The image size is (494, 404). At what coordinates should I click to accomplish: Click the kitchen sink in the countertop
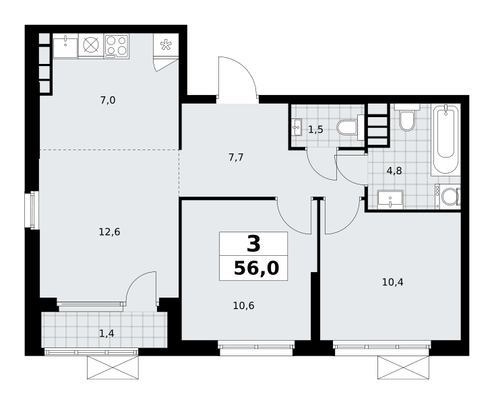click(x=65, y=46)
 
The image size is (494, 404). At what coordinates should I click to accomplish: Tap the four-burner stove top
click(x=116, y=46)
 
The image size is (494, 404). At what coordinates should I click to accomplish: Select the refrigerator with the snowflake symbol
click(x=166, y=44)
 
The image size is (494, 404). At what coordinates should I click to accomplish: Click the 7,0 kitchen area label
click(x=108, y=100)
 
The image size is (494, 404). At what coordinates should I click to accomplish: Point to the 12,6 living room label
click(x=109, y=232)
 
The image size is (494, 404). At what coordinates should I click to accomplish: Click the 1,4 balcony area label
click(x=106, y=333)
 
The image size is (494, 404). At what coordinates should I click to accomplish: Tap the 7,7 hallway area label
click(x=236, y=157)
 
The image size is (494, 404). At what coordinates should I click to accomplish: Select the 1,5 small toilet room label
click(x=315, y=129)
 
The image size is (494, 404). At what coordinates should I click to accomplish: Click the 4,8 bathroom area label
click(x=394, y=171)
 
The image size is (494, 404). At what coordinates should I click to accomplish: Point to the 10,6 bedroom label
click(x=243, y=306)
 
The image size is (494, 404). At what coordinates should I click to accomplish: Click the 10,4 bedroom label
click(x=392, y=282)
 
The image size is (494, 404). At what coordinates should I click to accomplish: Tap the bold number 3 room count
click(x=253, y=244)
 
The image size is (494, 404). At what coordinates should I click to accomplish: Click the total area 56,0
click(x=257, y=268)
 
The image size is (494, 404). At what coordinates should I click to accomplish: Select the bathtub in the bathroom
click(x=445, y=139)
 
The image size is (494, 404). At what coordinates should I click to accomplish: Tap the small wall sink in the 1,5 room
click(x=297, y=127)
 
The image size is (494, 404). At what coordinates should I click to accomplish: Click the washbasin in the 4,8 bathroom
click(x=390, y=199)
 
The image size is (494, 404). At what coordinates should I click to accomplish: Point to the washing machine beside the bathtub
click(x=447, y=197)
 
